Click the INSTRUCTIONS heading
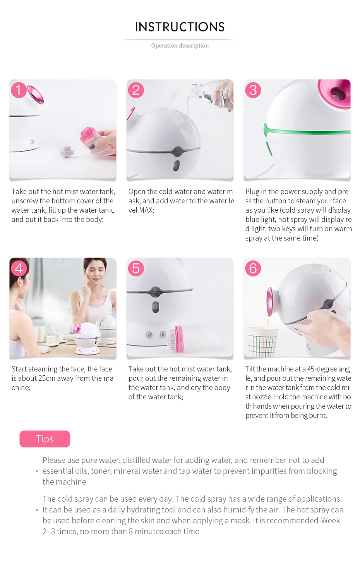(x=180, y=27)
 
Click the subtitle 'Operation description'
(x=180, y=45)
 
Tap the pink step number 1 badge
(x=19, y=90)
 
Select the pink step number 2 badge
(x=135, y=90)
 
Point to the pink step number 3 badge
(x=253, y=90)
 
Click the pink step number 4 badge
(x=19, y=268)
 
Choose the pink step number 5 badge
(x=135, y=268)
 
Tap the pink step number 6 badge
(x=253, y=268)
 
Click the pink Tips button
(x=45, y=439)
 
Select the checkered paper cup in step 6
(x=262, y=342)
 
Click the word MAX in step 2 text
(x=146, y=210)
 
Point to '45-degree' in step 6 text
(x=322, y=369)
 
